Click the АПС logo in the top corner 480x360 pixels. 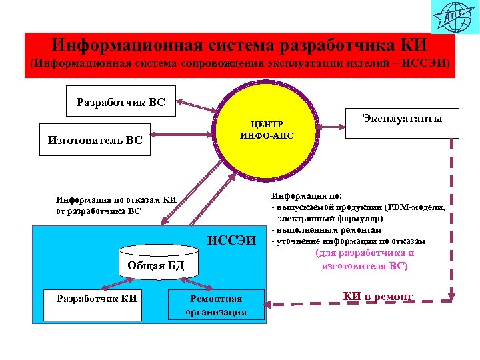pos(453,17)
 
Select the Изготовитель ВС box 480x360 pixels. pos(95,140)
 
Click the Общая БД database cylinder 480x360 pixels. pos(158,260)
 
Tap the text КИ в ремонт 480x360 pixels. pos(377,296)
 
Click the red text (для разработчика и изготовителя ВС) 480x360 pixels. pos(364,259)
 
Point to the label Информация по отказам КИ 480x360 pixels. pos(115,199)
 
